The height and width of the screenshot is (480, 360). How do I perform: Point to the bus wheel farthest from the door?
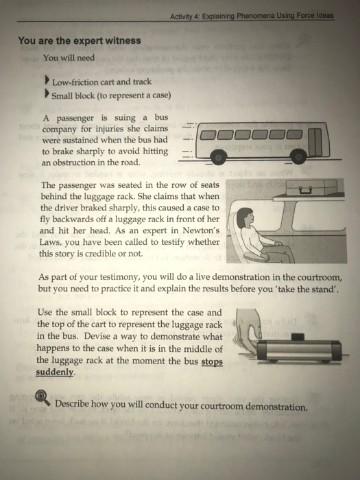(x=219, y=159)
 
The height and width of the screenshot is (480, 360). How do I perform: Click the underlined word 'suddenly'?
(x=54, y=373)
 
